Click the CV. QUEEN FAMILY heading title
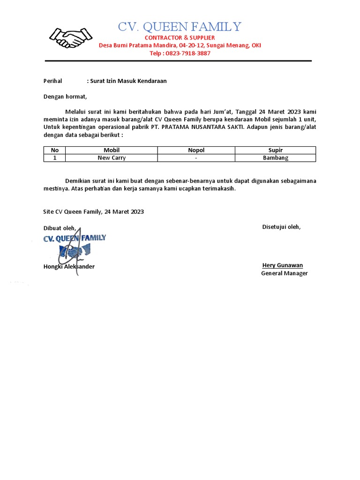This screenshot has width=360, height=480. coord(180,27)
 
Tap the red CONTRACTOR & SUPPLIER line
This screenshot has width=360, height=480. coord(180,37)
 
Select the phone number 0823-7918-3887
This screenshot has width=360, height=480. coord(190,53)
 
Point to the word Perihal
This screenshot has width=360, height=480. coord(52,81)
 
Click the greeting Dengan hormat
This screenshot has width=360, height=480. coord(65,97)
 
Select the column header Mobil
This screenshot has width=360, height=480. coord(112,150)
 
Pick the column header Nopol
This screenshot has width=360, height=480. coord(196,150)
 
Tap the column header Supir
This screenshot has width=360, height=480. coord(275,150)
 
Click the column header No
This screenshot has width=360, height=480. coord(54,150)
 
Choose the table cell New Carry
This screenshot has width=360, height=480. coord(112,158)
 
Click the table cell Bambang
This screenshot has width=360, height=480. coord(275,158)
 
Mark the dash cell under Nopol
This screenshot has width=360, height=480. coord(196,158)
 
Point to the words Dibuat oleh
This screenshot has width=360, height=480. coord(60,228)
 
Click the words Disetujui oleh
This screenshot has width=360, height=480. coord(281,227)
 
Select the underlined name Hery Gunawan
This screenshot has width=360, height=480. coord(283,265)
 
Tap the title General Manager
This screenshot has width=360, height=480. coord(285,273)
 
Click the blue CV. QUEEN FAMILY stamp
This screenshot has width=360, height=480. coord(75,246)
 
